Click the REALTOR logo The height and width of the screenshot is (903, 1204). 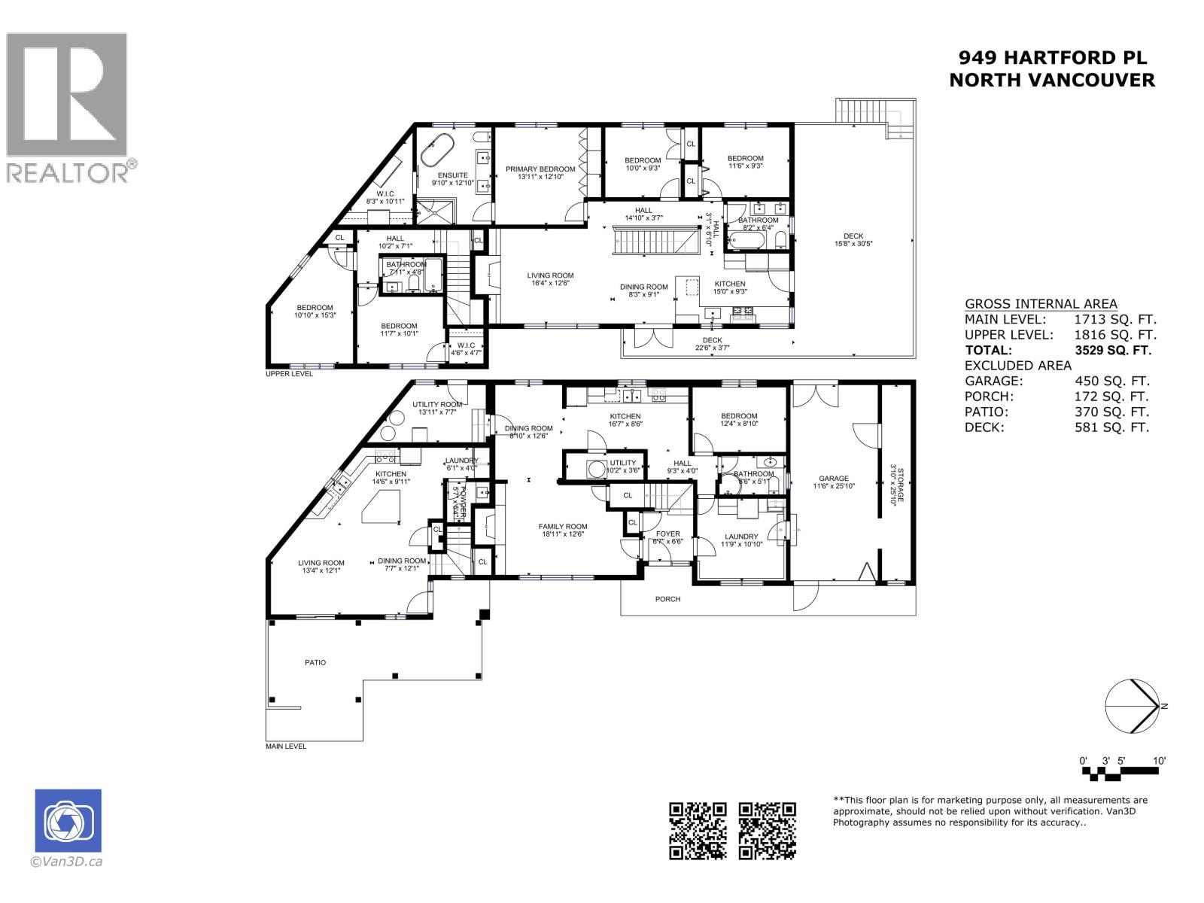(x=67, y=106)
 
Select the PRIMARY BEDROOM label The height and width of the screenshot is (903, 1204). (x=540, y=169)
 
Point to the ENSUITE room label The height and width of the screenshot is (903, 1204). (x=452, y=175)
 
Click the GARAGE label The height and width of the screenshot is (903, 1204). (x=834, y=479)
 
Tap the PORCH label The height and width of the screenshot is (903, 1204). (x=667, y=599)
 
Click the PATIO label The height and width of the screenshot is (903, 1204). (x=315, y=662)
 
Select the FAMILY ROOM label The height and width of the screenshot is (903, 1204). (x=562, y=527)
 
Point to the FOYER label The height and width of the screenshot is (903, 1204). (x=668, y=534)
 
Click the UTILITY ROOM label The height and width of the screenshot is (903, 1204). (x=437, y=405)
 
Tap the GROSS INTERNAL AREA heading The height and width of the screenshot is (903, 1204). (x=1041, y=304)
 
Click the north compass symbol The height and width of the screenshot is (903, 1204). (x=1132, y=706)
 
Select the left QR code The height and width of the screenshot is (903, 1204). (x=698, y=830)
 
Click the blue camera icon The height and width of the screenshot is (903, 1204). (x=68, y=821)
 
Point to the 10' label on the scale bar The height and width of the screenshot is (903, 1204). (x=1160, y=761)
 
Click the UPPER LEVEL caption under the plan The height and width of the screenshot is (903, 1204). (x=289, y=373)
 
